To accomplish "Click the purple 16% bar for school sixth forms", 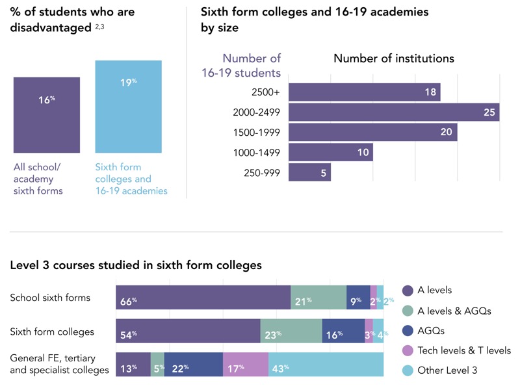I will click(x=47, y=115).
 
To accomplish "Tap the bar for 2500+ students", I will click(x=364, y=92).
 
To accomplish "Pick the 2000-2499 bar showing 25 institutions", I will click(x=393, y=112).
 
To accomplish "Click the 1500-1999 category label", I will click(x=256, y=132).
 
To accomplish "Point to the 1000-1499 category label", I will click(x=256, y=153).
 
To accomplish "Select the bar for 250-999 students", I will click(x=309, y=173).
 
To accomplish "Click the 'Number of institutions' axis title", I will click(x=393, y=58).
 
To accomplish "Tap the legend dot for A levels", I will click(x=408, y=290).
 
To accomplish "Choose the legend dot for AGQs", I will click(x=408, y=330).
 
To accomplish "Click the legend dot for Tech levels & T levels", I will click(x=408, y=350).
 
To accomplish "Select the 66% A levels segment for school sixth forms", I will click(x=203, y=298).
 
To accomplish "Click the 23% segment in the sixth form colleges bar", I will click(x=291, y=331).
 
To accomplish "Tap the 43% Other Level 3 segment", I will click(x=326, y=365).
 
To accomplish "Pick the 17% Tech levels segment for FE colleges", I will click(x=245, y=365).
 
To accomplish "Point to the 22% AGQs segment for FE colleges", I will click(x=193, y=365).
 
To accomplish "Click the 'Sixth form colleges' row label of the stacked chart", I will click(x=52, y=331).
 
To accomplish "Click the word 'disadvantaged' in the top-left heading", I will click(x=49, y=27).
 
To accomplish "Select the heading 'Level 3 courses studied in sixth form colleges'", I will click(x=136, y=265).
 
